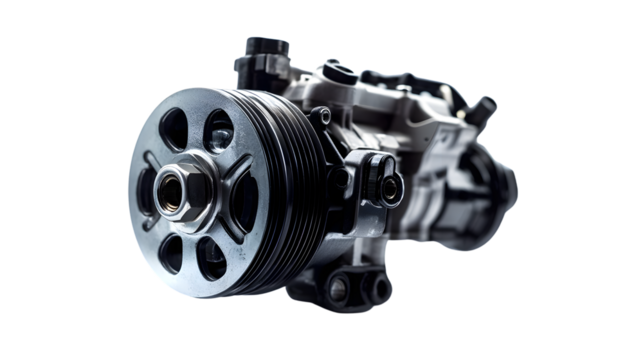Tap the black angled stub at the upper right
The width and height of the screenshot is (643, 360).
[484, 106]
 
